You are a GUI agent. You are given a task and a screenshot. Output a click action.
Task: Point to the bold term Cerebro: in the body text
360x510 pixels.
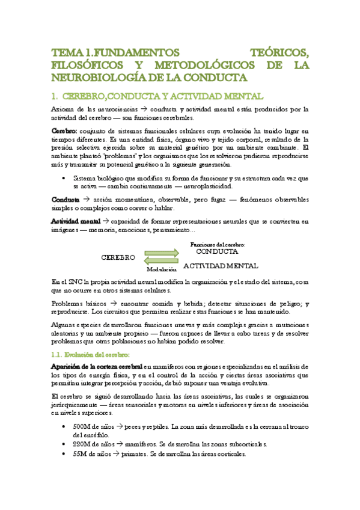pyautogui.click(x=64, y=131)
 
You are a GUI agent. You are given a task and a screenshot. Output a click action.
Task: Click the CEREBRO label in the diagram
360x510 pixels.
pyautogui.click(x=118, y=240)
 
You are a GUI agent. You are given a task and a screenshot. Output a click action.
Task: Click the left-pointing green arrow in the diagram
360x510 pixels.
pyautogui.click(x=162, y=245)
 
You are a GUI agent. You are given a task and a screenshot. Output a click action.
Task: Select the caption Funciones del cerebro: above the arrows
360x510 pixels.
pyautogui.click(x=217, y=229)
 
